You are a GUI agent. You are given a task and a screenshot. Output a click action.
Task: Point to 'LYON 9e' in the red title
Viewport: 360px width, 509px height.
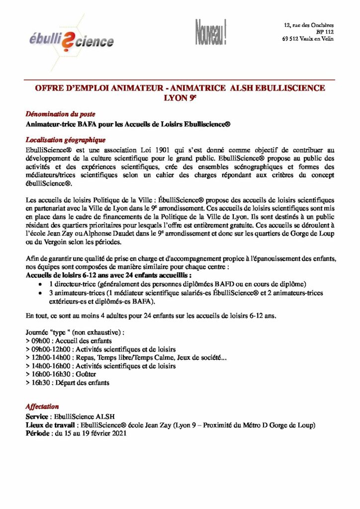click(180, 97)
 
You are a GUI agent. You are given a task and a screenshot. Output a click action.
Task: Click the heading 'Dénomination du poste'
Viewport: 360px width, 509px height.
click(60, 114)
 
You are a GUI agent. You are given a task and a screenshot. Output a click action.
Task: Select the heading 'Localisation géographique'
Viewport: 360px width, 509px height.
click(65, 140)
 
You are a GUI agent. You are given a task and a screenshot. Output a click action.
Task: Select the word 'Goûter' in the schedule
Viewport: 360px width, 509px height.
click(86, 374)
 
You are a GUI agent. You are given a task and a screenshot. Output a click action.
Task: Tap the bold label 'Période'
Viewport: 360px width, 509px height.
click(38, 433)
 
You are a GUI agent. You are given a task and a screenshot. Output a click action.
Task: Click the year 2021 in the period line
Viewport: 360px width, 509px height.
click(118, 433)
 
